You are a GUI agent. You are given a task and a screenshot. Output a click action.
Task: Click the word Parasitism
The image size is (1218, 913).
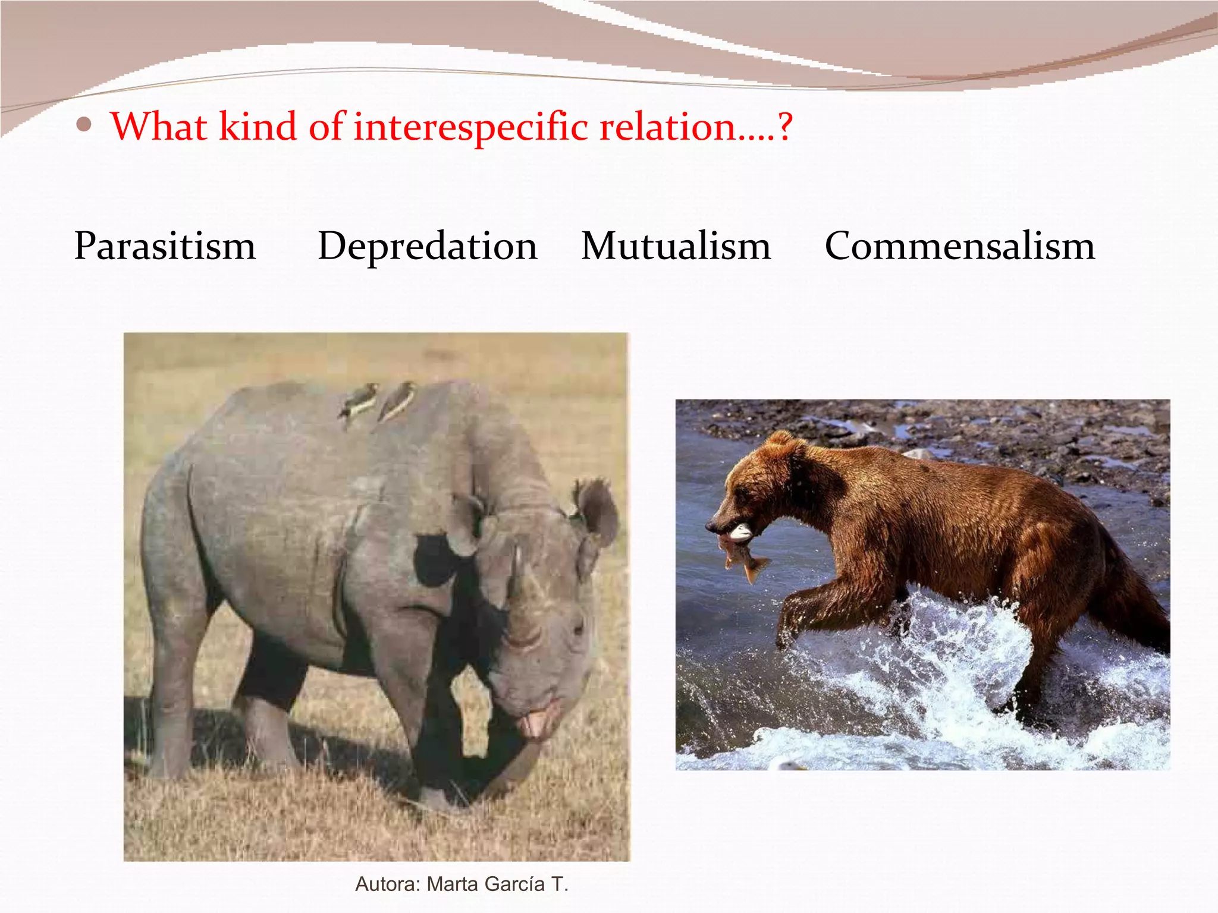[x=165, y=246]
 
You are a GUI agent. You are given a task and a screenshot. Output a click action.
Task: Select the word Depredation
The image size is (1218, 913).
[x=427, y=246]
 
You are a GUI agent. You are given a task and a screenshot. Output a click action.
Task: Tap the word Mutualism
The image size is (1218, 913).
[x=676, y=246]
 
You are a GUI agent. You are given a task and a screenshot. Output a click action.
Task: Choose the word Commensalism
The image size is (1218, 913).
[x=959, y=246]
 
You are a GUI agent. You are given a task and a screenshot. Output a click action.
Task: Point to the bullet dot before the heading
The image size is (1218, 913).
[x=84, y=125]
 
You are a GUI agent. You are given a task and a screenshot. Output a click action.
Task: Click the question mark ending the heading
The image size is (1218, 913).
[x=785, y=127]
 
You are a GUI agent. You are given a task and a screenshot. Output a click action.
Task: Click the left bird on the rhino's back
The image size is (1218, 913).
[x=359, y=402]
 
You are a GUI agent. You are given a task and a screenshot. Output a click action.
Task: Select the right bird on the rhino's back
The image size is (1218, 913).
[x=397, y=400]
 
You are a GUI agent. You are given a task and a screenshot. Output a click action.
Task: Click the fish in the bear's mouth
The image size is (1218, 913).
[x=740, y=556]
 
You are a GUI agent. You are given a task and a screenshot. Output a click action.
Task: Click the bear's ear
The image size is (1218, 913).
[x=780, y=443]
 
